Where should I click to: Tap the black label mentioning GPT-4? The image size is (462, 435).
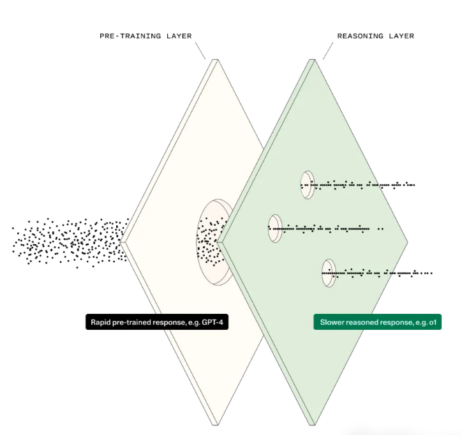(156, 323)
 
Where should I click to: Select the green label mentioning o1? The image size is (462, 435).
(378, 323)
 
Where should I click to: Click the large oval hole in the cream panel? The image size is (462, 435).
(213, 241)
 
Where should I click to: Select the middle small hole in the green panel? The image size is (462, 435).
(275, 228)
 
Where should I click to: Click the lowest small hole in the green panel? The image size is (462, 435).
(329, 273)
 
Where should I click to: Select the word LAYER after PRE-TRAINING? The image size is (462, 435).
(177, 36)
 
